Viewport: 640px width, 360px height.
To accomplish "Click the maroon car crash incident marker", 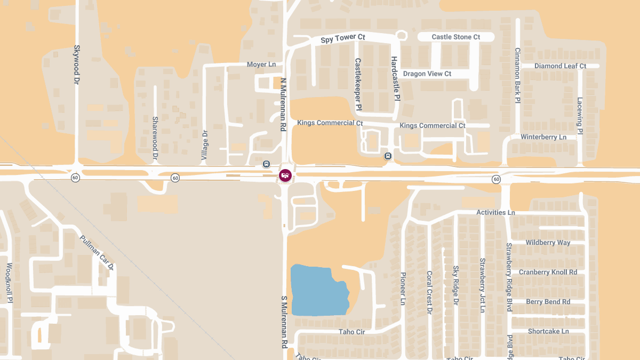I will point(285,175).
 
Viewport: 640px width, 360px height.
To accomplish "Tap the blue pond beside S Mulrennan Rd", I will point(317,290).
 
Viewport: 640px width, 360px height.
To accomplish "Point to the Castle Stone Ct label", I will point(455,37).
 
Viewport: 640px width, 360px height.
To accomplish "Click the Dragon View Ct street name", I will point(427,74).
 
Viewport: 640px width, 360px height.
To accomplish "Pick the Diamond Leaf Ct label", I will point(560,66).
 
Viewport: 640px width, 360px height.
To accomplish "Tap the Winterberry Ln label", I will point(543,137).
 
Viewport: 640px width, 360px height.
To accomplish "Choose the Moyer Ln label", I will point(261,65).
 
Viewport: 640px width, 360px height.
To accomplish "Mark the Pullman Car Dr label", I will point(97,252).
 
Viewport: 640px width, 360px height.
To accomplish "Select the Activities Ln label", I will point(495,212).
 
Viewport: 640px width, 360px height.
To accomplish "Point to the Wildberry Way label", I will point(548,243).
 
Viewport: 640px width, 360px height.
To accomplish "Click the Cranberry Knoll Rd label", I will point(548,272).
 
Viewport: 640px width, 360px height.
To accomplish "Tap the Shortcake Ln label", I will point(548,331).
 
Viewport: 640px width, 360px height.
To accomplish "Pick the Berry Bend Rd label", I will point(548,302).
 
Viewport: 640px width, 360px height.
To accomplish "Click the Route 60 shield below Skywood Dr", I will point(76,178).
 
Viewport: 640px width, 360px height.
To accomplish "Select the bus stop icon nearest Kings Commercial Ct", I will point(388,156).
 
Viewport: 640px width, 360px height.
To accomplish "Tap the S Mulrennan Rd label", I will point(284,323).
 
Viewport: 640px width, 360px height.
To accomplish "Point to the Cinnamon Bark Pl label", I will point(517,75).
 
